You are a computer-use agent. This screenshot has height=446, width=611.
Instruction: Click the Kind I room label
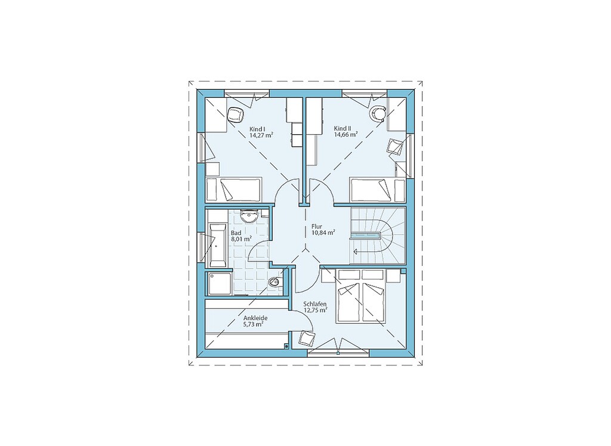click(257, 128)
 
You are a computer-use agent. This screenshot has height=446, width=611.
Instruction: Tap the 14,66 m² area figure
click(346, 135)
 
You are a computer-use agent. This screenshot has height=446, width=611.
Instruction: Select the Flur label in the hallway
click(316, 226)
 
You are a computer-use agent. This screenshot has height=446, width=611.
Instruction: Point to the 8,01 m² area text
click(241, 239)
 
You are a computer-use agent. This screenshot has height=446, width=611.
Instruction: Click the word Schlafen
click(315, 304)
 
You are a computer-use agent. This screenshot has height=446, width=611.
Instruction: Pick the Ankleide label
click(255, 318)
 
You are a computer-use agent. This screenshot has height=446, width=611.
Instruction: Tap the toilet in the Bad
click(274, 281)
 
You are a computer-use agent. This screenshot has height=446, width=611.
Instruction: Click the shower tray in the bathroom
click(220, 283)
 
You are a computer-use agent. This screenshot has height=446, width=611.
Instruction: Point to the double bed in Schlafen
click(362, 296)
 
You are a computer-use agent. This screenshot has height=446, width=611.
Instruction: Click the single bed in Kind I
click(233, 189)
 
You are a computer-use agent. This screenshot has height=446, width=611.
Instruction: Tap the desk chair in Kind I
click(235, 115)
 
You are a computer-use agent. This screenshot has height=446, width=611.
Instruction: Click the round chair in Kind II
click(378, 113)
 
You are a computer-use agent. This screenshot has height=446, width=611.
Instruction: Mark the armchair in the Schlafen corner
click(307, 338)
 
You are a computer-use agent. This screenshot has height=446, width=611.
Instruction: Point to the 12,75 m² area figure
click(315, 310)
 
